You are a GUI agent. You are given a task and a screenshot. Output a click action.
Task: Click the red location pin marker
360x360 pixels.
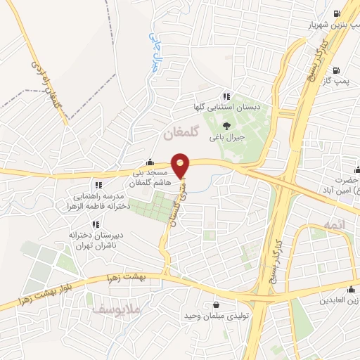point(181,165)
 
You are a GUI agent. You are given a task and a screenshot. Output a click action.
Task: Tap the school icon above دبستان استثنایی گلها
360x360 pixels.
point(226,96)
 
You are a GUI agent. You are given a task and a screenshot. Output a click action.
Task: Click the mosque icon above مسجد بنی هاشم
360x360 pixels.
point(149,161)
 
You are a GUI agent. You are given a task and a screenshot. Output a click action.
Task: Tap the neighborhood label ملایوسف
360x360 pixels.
point(108,307)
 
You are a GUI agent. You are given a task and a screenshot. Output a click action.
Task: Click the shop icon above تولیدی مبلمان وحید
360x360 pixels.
point(215,304)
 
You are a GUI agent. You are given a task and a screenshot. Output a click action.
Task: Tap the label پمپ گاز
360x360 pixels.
point(335,82)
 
